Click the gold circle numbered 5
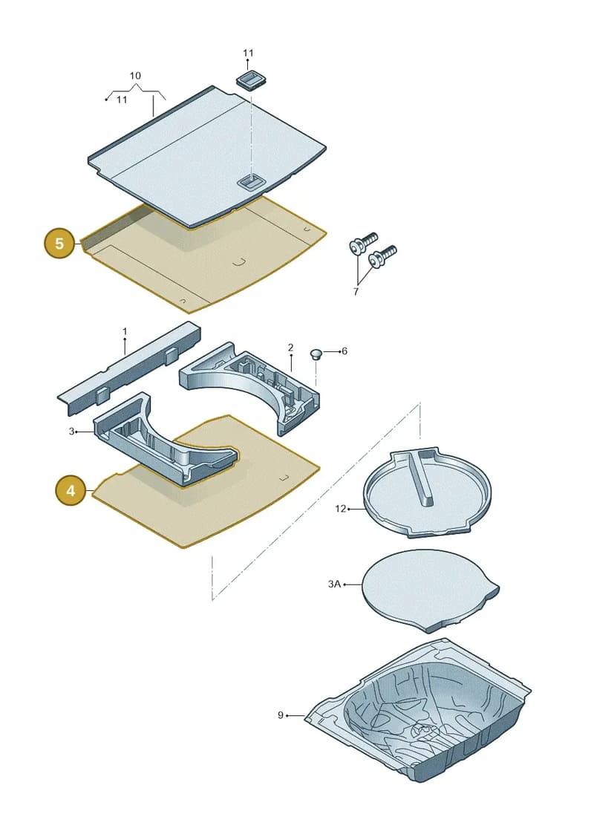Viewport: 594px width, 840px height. [59, 243]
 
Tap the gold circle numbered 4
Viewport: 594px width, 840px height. [71, 490]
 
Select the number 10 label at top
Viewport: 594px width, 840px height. [135, 76]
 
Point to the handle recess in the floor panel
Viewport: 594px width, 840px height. [250, 182]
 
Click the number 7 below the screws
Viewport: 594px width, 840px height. [356, 291]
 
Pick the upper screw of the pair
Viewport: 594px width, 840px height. [362, 243]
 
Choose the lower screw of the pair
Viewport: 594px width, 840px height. [382, 257]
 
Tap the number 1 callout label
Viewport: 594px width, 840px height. [125, 331]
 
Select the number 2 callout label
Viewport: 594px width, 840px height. [290, 348]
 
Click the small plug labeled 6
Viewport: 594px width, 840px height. [316, 354]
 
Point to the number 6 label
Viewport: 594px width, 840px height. [345, 351]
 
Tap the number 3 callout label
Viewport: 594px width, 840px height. [72, 432]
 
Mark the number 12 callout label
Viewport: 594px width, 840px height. [341, 509]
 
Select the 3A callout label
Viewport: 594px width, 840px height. [334, 584]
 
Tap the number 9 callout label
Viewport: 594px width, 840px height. [280, 715]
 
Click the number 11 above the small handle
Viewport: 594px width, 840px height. [248, 53]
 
